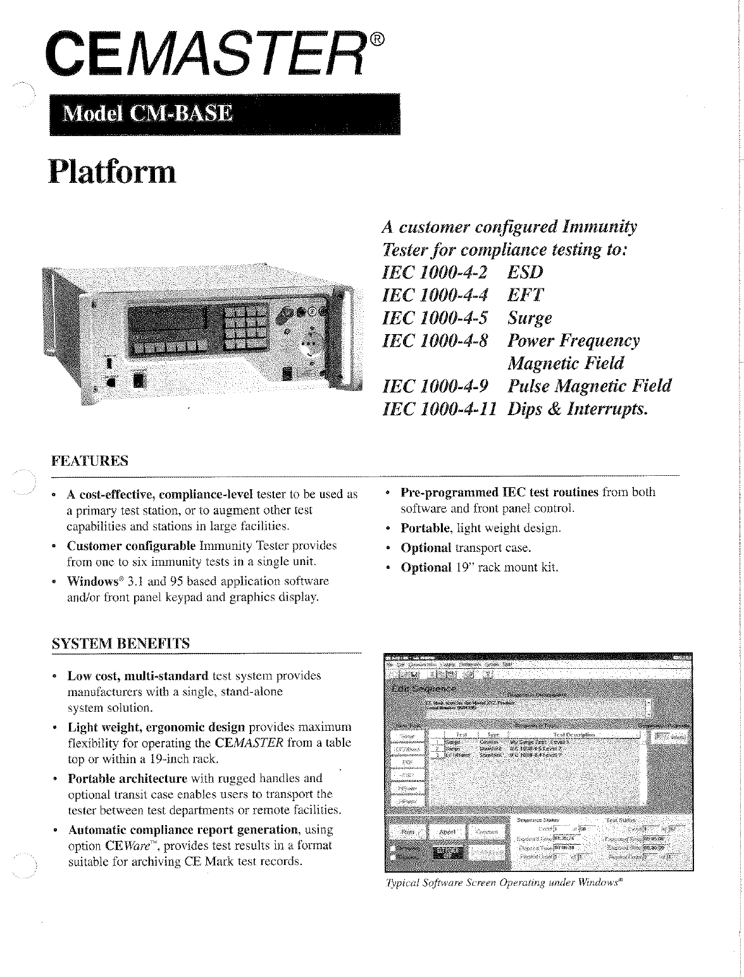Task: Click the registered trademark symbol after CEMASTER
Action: (376, 40)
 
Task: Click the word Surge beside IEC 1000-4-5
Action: (530, 318)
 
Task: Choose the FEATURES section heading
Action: (89, 460)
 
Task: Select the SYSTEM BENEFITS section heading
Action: (120, 644)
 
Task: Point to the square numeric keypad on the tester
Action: (247, 327)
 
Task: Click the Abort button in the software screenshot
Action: (447, 831)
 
